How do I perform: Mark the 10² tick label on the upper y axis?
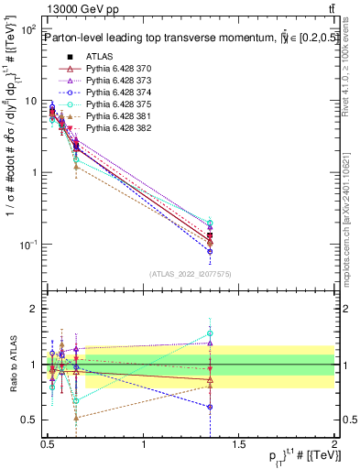[27, 30]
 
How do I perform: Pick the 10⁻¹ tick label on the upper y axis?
[27, 245]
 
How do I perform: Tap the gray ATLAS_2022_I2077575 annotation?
[191, 273]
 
